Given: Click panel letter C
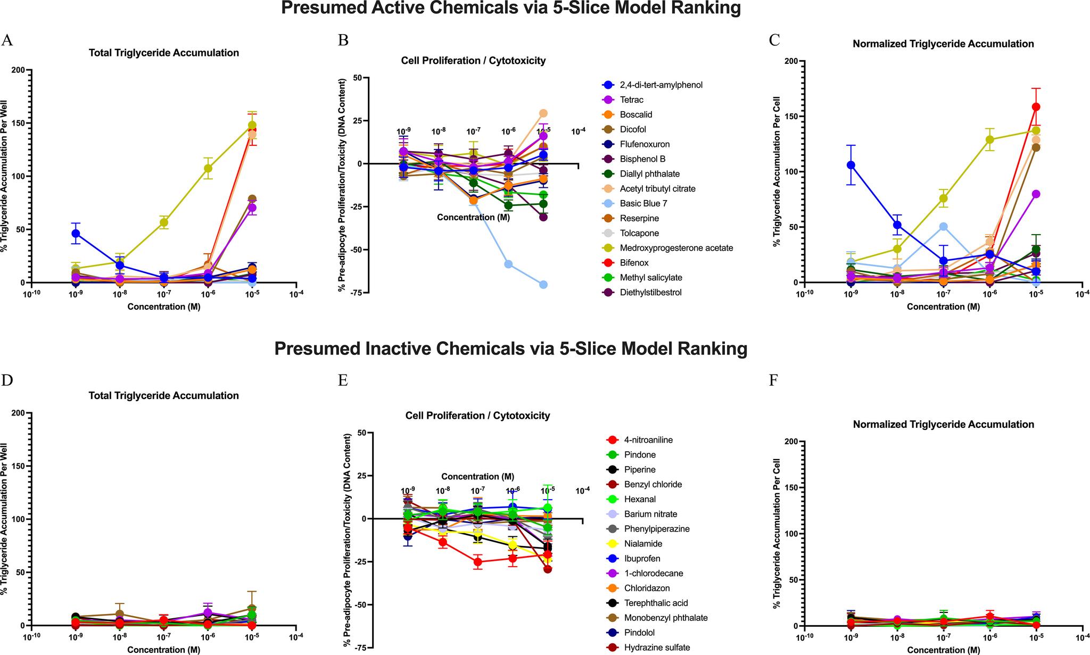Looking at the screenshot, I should (775, 40).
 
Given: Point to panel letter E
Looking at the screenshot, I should (343, 381).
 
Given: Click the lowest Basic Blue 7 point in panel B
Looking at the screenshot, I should (543, 285).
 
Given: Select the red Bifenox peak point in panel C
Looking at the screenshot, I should (1036, 107).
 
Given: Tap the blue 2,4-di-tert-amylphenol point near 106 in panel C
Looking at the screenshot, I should (851, 165).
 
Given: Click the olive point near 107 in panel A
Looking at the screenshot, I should (208, 169).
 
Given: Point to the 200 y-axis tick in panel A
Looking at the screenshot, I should (18, 70).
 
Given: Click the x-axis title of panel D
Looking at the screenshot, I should (163, 650).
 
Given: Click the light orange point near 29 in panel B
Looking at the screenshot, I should (543, 113).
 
